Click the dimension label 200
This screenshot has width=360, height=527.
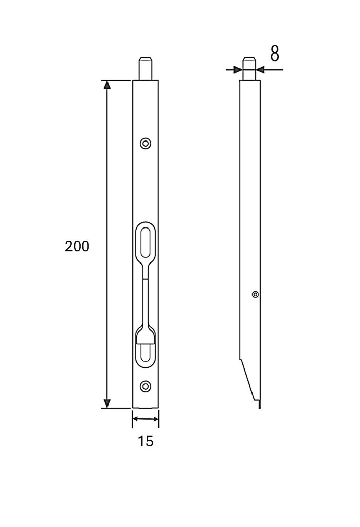[x=77, y=247]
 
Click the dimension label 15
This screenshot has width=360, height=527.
[x=146, y=441]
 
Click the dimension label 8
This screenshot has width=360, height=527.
[x=274, y=54]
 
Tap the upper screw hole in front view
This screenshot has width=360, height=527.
[x=146, y=144]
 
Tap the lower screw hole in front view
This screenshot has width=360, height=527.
[x=146, y=387]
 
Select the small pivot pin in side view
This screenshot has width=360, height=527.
[x=255, y=295]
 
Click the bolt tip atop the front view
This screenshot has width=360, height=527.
[x=146, y=68]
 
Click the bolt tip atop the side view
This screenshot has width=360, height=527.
[x=249, y=68]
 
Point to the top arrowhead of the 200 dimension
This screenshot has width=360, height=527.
[x=107, y=85]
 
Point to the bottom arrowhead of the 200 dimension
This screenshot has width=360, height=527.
[x=107, y=403]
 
